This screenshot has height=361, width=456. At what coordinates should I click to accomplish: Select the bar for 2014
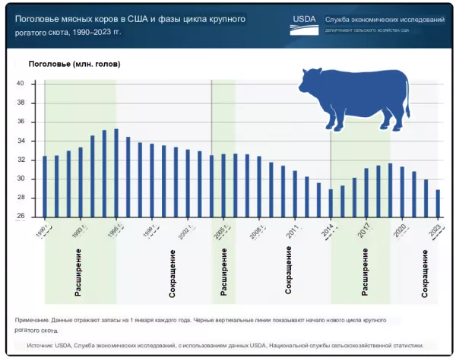(331, 203)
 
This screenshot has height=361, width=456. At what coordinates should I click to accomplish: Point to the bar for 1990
(45, 186)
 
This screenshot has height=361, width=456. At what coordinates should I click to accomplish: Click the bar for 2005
(223, 185)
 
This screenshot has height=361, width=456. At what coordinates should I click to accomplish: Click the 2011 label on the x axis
(293, 230)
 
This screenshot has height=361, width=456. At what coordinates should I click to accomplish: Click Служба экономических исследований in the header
(384, 19)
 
